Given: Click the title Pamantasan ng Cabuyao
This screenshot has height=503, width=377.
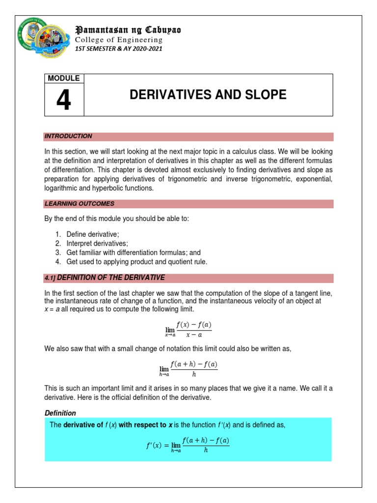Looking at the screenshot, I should tap(128, 30).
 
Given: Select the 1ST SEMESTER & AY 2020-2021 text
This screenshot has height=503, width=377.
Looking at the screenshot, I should tap(118, 49).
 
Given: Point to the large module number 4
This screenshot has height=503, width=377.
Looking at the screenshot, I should tap(63, 101).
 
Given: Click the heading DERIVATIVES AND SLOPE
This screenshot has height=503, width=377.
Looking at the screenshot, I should tap(208, 95).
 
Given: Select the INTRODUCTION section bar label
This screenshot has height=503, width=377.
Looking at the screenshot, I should tap(68, 136).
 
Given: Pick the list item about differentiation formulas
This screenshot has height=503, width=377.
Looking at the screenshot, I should tap(134, 252).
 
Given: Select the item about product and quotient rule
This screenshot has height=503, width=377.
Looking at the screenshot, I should tap(137, 262).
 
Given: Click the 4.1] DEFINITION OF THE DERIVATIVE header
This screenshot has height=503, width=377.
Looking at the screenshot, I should tap(105, 278).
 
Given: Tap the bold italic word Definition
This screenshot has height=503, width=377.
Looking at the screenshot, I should tap(60, 413).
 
